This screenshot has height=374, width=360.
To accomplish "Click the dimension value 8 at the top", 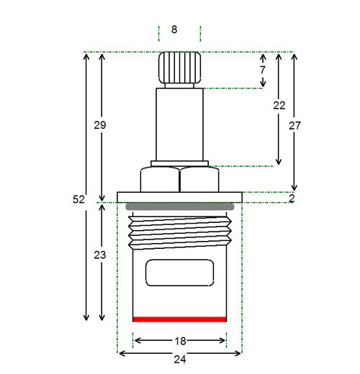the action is [174, 29].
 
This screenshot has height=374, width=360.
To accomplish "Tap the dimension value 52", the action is [78, 199].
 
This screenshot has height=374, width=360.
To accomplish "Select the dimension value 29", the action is [100, 125].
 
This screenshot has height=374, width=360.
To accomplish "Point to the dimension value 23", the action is [100, 255].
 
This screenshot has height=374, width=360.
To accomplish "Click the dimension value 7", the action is [263, 70].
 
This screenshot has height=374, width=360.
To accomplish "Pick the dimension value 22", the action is [279, 105].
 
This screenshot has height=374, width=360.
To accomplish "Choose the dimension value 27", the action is [294, 126].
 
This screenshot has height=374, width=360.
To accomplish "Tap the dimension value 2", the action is [292, 199].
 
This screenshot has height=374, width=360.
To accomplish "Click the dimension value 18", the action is [180, 341].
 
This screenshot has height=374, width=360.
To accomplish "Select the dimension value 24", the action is [180, 360].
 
